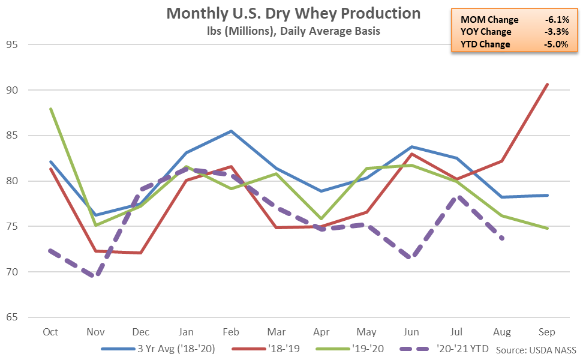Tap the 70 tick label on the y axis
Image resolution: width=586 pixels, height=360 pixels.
[12, 272]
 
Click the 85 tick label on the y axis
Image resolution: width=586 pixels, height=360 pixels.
[12, 136]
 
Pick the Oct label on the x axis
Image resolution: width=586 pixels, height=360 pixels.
[50, 332]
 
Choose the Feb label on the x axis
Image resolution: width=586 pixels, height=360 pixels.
[232, 332]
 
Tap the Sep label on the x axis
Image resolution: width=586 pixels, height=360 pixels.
[547, 332]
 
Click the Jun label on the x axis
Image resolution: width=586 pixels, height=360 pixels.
[411, 332]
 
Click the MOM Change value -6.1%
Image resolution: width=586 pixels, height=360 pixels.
[554, 20]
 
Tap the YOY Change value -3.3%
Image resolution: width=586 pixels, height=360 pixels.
[554, 32]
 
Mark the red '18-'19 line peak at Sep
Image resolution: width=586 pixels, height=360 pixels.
[547, 85]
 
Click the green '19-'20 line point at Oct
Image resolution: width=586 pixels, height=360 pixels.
[50, 109]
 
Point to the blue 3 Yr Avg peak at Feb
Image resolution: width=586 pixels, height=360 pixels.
[232, 131]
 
